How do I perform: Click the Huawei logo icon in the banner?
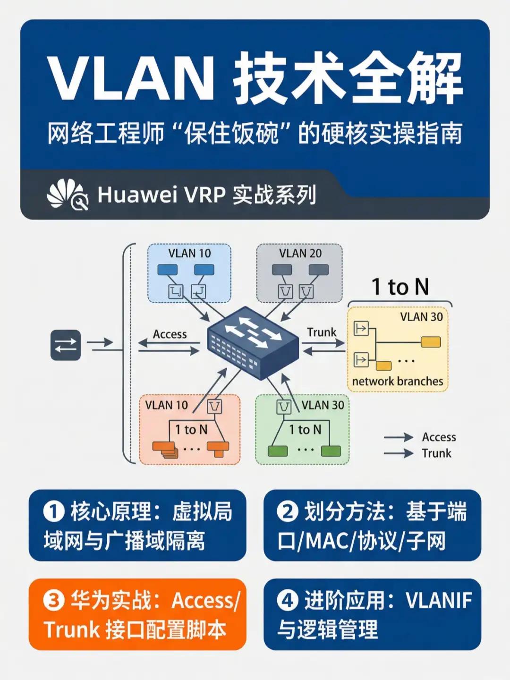click(x=68, y=195)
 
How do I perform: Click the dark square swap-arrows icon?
click(x=66, y=346)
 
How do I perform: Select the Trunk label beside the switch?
click(x=322, y=332)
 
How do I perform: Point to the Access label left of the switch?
click(x=170, y=334)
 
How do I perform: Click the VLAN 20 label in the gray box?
click(x=300, y=254)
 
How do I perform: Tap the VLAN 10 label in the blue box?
click(x=189, y=254)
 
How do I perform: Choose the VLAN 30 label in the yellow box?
click(x=421, y=317)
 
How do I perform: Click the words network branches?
click(x=398, y=381)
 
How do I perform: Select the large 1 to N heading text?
click(x=400, y=287)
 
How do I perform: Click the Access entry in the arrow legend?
click(x=439, y=437)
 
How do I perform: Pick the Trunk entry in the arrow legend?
click(x=436, y=453)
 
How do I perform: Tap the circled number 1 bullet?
click(x=54, y=512)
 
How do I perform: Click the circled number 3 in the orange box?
click(x=54, y=601)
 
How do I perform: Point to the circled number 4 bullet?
click(x=288, y=601)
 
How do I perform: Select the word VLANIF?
click(x=439, y=601)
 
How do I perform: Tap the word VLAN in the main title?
click(x=131, y=79)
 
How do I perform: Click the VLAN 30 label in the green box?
click(x=323, y=405)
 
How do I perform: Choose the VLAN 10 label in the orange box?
click(x=166, y=405)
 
